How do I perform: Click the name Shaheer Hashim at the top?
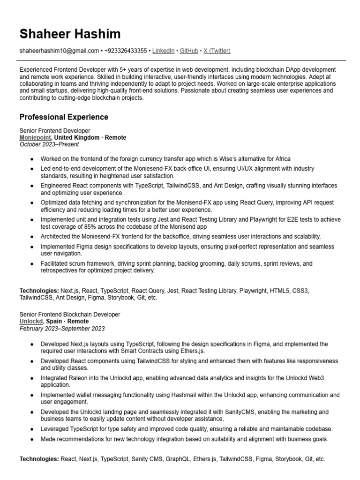pos(70,34)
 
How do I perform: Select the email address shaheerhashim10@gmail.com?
pos(59,51)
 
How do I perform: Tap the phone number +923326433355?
pos(126,51)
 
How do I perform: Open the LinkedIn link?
pos(163,51)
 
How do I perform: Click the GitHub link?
pos(189,51)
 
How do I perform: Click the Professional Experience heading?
pos(64,117)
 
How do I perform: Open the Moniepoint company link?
pos(35,138)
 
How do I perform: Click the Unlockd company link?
pos(31,322)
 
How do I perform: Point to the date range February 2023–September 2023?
pos(62,329)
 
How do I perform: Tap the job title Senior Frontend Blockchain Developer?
pos(70,315)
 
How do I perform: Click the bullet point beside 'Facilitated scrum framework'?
pos(31,264)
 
